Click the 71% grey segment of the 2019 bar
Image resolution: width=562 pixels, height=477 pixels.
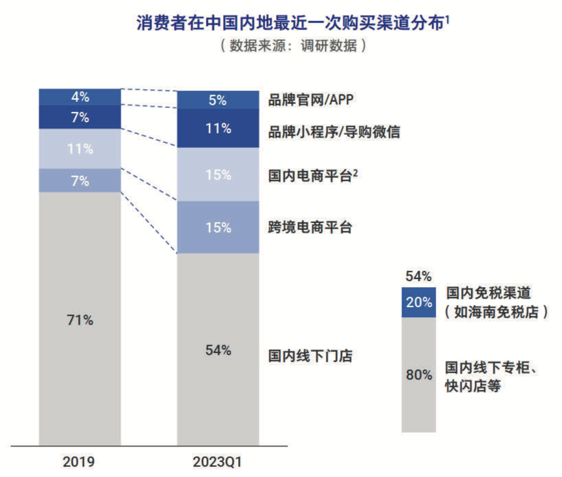(x=80, y=319)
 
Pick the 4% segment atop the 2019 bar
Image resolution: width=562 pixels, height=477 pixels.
(x=80, y=97)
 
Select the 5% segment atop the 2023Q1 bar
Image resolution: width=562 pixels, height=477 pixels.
(x=218, y=100)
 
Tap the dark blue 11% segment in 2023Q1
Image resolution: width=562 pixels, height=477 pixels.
(x=218, y=128)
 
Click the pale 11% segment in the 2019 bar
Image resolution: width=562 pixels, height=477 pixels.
(x=80, y=149)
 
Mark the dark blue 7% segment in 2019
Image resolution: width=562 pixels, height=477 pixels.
(x=80, y=117)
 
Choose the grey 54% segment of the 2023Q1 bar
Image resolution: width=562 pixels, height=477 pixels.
(x=218, y=349)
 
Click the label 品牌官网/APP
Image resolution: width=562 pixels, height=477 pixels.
(x=310, y=100)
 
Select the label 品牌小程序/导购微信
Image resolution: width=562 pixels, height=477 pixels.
(x=334, y=132)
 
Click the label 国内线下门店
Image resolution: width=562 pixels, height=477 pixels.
(x=310, y=356)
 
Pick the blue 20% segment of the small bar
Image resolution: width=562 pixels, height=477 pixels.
(x=419, y=302)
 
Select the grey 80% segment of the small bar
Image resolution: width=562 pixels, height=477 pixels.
(x=419, y=374)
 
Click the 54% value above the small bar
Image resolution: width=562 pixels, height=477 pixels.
(x=419, y=276)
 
